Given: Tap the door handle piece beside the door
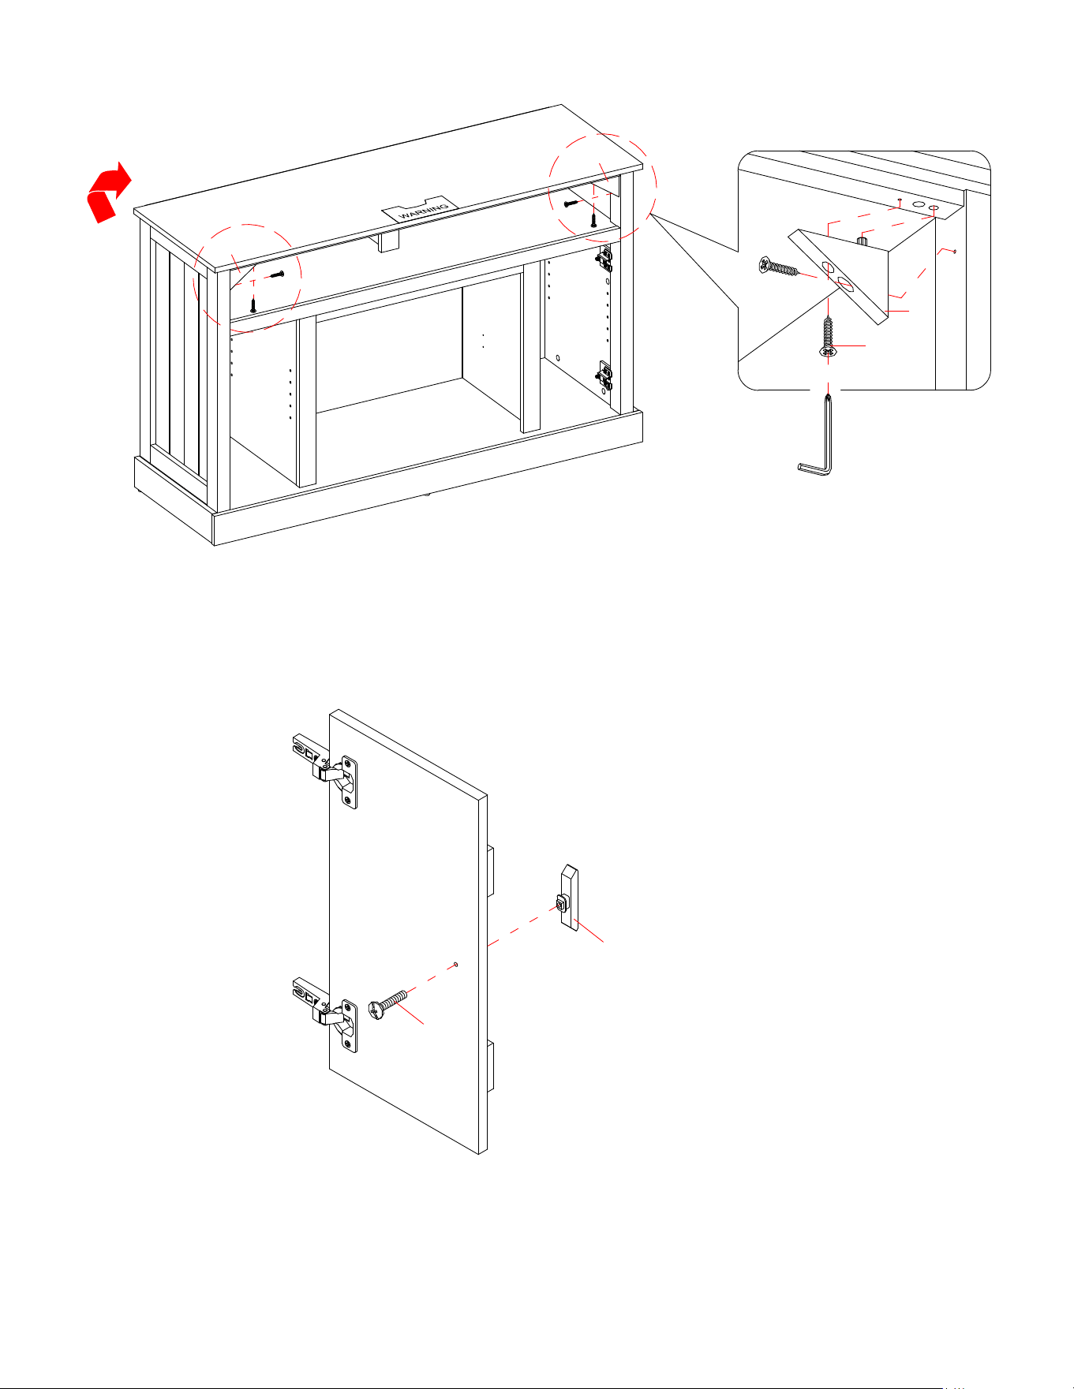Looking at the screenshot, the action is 569,898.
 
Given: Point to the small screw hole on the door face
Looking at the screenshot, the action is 456,964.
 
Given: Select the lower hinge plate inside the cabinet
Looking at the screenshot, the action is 604,376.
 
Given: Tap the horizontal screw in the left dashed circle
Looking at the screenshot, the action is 276,274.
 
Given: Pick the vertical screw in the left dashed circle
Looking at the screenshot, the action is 253,303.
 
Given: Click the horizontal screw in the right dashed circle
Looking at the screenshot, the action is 572,204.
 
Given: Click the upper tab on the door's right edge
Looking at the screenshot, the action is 490,872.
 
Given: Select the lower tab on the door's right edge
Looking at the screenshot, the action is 490,1066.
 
